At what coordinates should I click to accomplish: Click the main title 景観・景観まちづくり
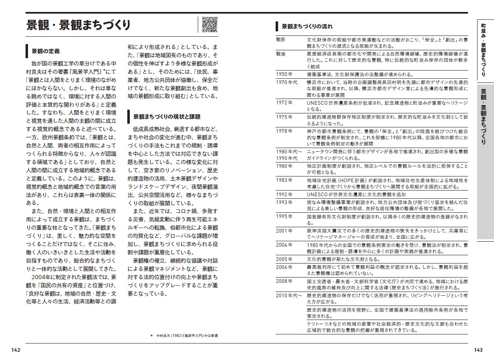78,25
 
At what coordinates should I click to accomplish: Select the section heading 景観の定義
45,51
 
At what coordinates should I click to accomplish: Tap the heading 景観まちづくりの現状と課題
167,117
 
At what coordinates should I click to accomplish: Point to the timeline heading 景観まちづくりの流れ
307,26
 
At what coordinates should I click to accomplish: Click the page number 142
16,350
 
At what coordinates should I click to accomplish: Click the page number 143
478,350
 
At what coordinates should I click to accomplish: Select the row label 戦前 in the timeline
281,40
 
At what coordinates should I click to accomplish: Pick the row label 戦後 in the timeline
281,54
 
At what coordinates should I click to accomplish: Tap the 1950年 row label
284,74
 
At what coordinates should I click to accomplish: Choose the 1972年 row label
284,102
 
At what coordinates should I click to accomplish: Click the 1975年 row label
284,117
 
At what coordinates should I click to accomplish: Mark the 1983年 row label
284,180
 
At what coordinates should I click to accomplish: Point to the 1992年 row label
284,194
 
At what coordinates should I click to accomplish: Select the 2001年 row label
284,231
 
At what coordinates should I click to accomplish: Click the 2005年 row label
284,259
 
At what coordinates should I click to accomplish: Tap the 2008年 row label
284,281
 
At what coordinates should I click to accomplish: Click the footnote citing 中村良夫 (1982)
184,336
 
